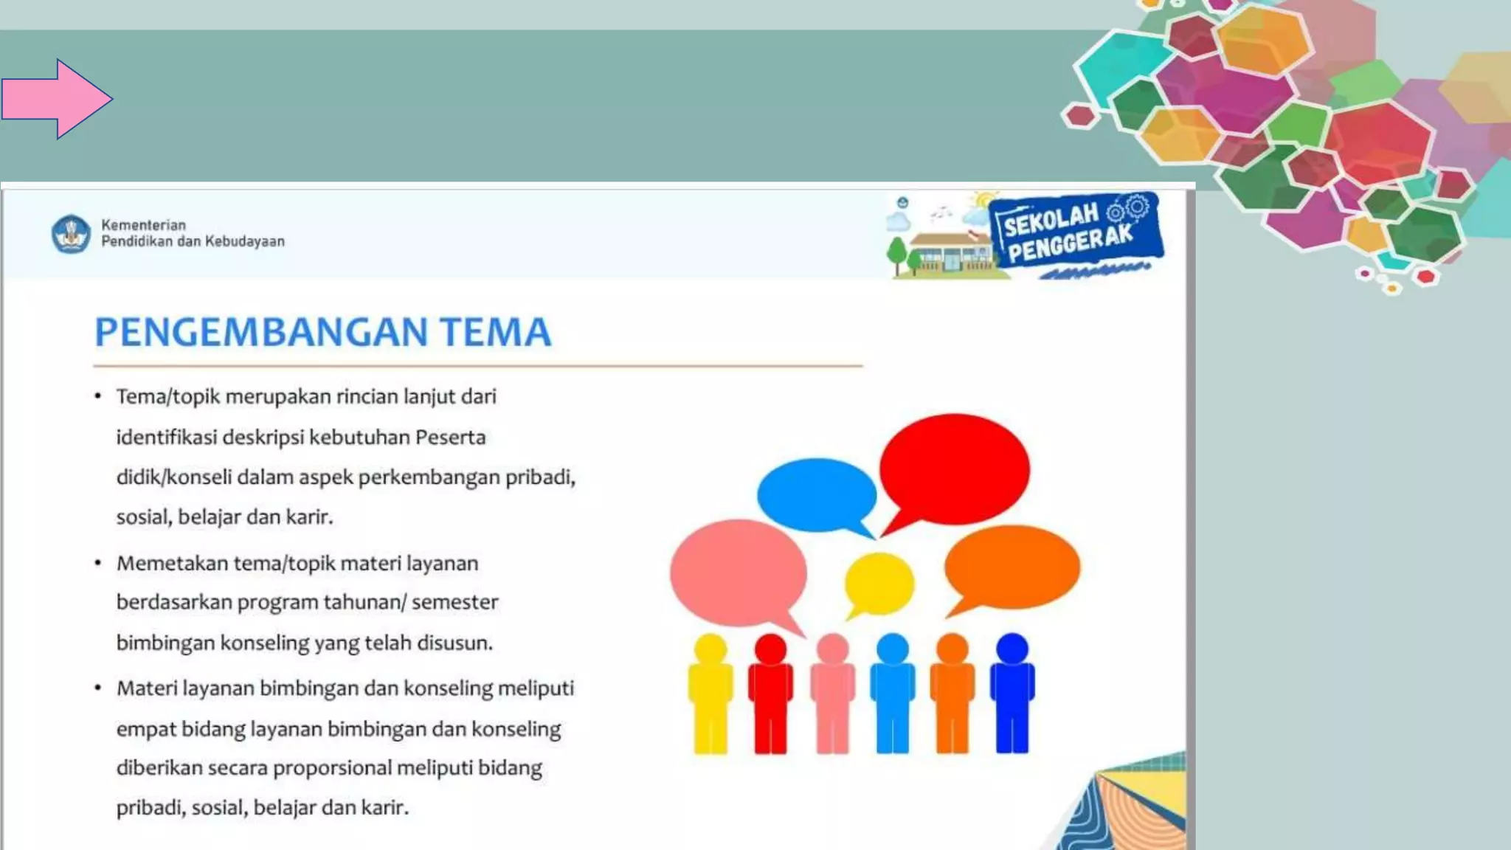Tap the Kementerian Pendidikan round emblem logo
click(x=71, y=234)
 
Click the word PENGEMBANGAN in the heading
click(x=261, y=332)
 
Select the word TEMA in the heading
click(x=496, y=332)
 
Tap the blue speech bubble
click(x=816, y=494)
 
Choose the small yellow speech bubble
click(x=879, y=584)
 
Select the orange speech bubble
click(x=1012, y=567)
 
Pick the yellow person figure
click(x=710, y=694)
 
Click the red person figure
click(x=770, y=694)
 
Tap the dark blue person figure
click(x=1012, y=694)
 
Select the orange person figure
click(x=952, y=694)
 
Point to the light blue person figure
click(x=892, y=694)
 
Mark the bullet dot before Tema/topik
click(x=97, y=397)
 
